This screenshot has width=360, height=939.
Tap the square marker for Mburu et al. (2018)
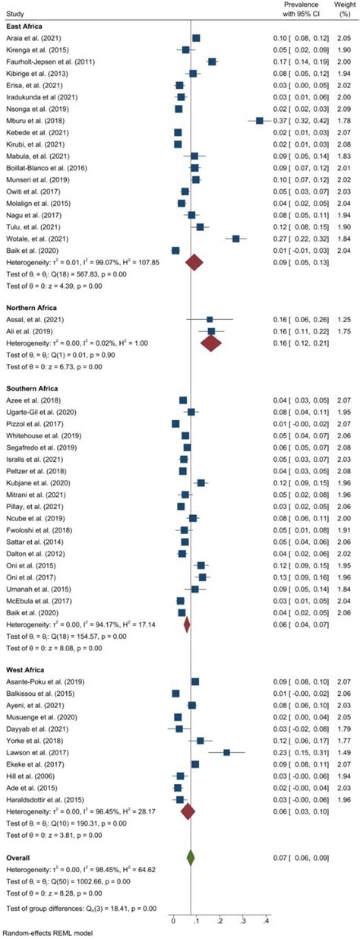click(260, 120)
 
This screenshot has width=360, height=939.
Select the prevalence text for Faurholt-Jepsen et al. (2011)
click(302, 61)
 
